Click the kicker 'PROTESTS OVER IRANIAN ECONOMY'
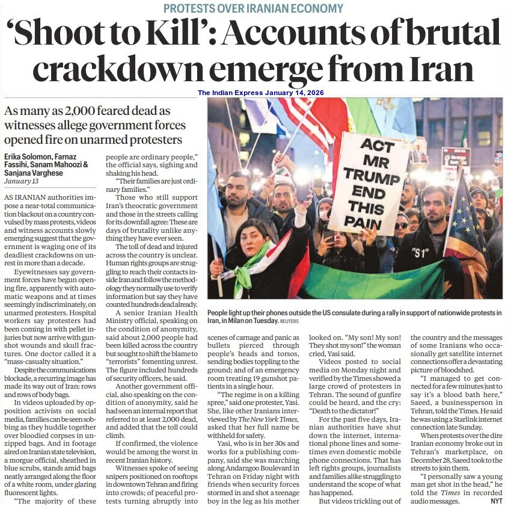coord(252,8)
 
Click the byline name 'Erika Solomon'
coord(31,156)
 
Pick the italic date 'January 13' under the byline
coord(22,181)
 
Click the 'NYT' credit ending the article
coord(496,501)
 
